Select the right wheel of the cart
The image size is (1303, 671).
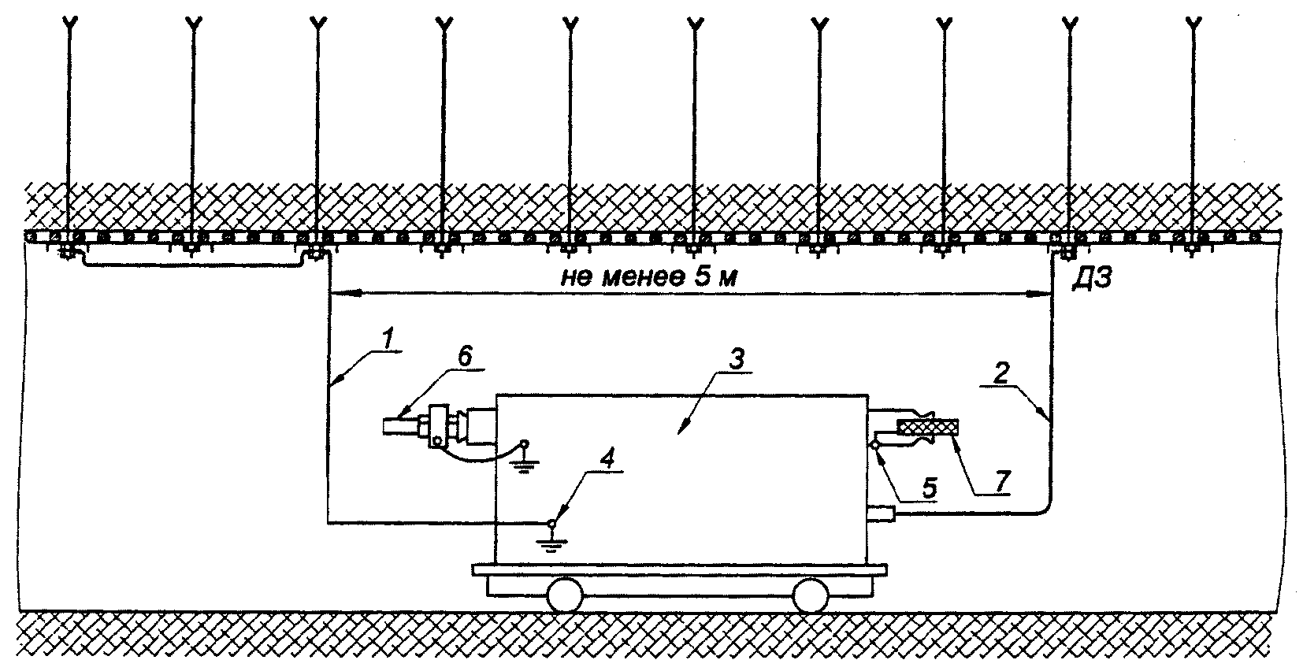click(810, 596)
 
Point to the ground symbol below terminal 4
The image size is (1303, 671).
click(553, 540)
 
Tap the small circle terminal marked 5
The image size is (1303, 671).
click(875, 446)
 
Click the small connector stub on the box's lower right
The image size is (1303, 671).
click(881, 514)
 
